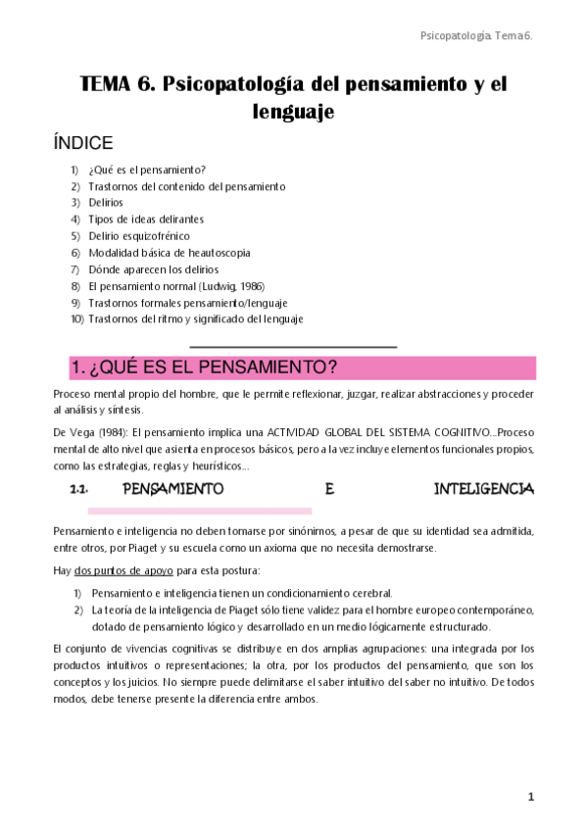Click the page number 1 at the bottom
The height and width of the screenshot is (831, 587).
[x=530, y=797]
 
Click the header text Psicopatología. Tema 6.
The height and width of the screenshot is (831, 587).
[x=475, y=35]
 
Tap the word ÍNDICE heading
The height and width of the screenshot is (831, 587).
[x=83, y=143]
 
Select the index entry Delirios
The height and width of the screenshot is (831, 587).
[x=106, y=203]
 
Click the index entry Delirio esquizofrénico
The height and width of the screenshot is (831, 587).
[x=139, y=236]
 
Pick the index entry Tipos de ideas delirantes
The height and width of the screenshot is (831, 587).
[x=146, y=220]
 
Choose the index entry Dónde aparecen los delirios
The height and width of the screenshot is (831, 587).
[x=154, y=269]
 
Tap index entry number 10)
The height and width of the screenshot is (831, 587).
[x=77, y=319]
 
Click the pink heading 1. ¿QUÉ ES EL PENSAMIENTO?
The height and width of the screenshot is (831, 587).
[x=204, y=367]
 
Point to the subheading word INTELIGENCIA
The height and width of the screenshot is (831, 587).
[x=484, y=488]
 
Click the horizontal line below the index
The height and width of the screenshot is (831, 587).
[x=293, y=347]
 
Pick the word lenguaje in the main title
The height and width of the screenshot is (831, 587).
[x=294, y=113]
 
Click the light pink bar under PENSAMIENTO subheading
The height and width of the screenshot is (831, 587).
[x=200, y=511]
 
